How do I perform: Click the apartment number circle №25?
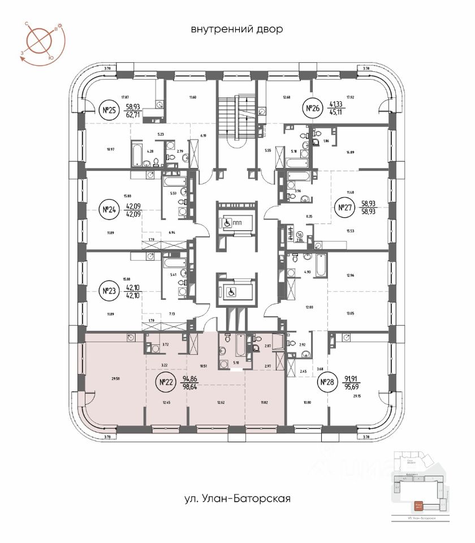pyautogui.click(x=107, y=110)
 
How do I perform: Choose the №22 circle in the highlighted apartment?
pyautogui.click(x=166, y=382)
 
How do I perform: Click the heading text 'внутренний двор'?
pyautogui.click(x=236, y=29)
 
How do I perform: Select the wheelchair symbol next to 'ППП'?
pyautogui.click(x=227, y=223)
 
